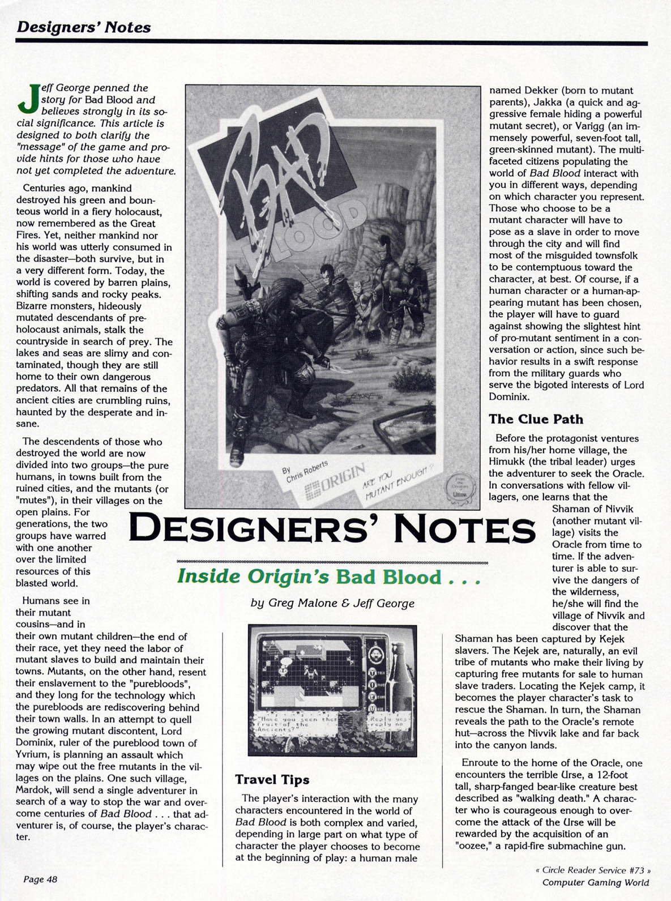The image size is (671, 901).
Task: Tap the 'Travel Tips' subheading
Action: tap(272, 780)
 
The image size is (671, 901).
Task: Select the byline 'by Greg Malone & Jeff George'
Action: tap(332, 603)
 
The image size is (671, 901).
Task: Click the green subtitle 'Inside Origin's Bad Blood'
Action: tap(328, 577)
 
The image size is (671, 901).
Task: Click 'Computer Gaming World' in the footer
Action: tap(596, 882)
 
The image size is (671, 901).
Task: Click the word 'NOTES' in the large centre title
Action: tap(468, 530)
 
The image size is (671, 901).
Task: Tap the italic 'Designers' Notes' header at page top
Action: tap(83, 27)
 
